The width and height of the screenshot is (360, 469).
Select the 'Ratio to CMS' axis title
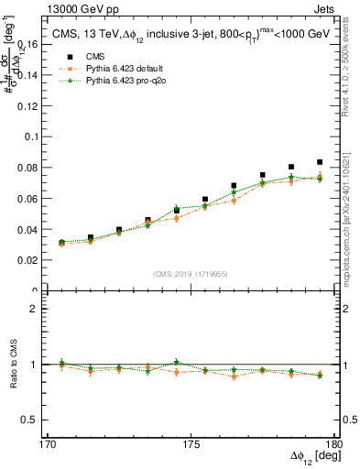pyautogui.click(x=13, y=364)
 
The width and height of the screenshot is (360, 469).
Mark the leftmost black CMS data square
pyautogui.click(x=61, y=243)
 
